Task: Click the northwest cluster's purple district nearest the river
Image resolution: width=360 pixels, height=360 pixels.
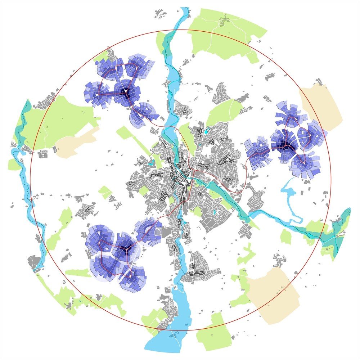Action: [x=144, y=113]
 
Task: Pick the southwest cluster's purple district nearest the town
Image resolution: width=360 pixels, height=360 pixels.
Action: [x=148, y=230]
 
